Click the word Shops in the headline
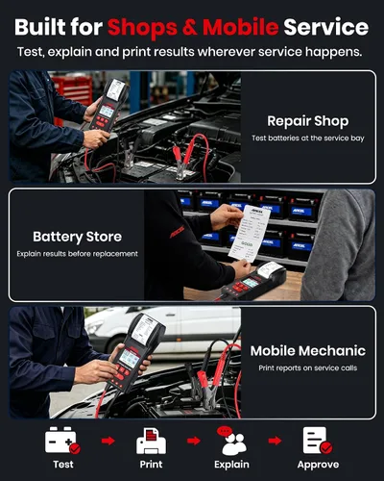142,28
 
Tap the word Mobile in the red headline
241,27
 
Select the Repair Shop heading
308,121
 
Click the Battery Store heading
78,237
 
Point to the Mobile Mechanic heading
308,351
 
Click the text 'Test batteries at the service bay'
308,139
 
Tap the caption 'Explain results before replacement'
78,254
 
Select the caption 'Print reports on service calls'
308,367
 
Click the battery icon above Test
62,441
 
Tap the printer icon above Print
151,442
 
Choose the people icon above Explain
231,441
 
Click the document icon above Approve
317,441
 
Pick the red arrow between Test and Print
108,441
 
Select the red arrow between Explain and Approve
276,441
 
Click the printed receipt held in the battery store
249,233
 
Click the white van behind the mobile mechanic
163,330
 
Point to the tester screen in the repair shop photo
107,111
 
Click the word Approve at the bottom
318,465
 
